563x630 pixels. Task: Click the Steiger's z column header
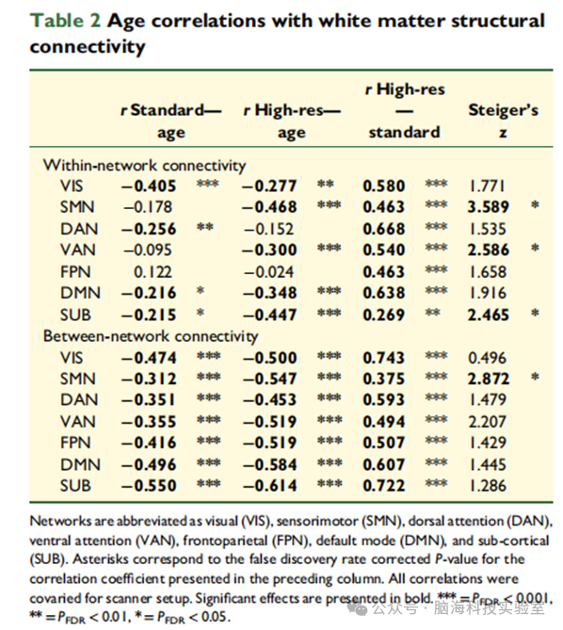pos(503,121)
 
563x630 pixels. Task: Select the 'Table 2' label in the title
pos(65,21)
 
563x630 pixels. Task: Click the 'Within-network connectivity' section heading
pos(145,165)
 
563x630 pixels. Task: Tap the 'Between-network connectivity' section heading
pos(151,336)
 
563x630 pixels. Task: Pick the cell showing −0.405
pos(149,186)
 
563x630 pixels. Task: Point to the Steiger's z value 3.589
pos(489,207)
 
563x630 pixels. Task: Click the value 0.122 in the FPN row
pos(153,272)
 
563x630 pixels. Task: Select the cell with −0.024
pos(268,272)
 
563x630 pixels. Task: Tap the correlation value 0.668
pos(383,229)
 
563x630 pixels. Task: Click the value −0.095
pos(148,250)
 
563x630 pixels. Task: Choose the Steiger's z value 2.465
pos(489,315)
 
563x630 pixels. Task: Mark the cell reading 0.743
pos(383,358)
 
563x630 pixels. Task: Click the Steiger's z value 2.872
pos(489,379)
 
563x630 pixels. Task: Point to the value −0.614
pos(269,486)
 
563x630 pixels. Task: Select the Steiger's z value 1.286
pos(488,486)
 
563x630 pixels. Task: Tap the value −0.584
pos(269,465)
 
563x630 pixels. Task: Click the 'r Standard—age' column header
pos(171,121)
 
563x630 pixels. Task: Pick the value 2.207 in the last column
pos(488,422)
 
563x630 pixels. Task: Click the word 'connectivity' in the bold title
pos(88,46)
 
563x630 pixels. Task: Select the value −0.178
pos(148,207)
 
